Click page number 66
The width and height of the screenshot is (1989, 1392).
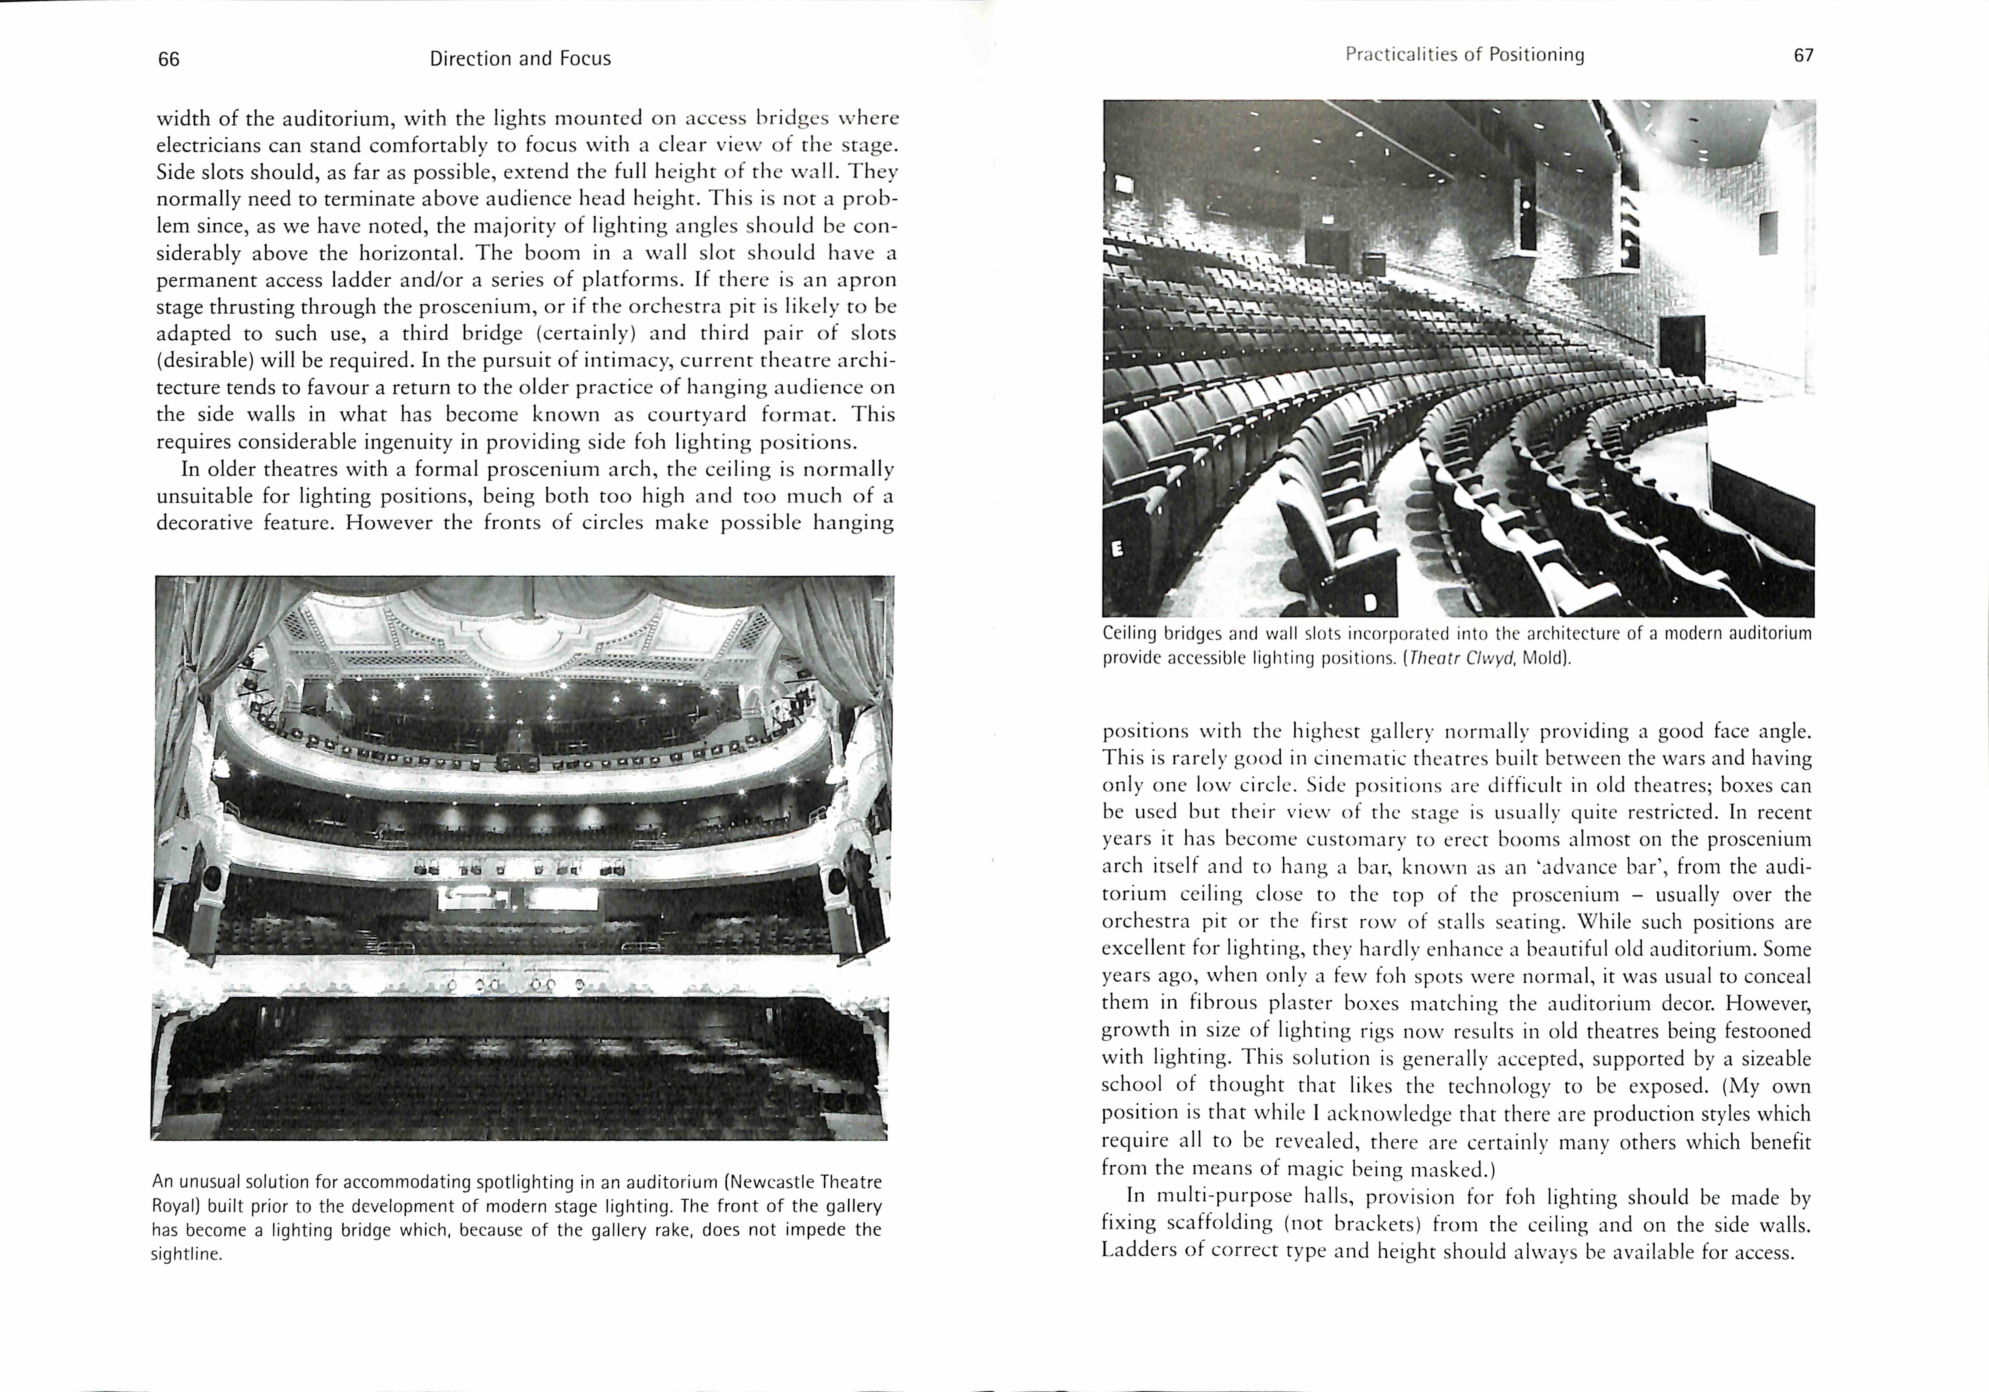(x=169, y=59)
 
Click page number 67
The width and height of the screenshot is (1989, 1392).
(x=1804, y=55)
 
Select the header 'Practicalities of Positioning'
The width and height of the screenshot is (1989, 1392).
(x=1465, y=55)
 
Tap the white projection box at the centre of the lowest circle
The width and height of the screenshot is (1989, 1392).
(x=518, y=898)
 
